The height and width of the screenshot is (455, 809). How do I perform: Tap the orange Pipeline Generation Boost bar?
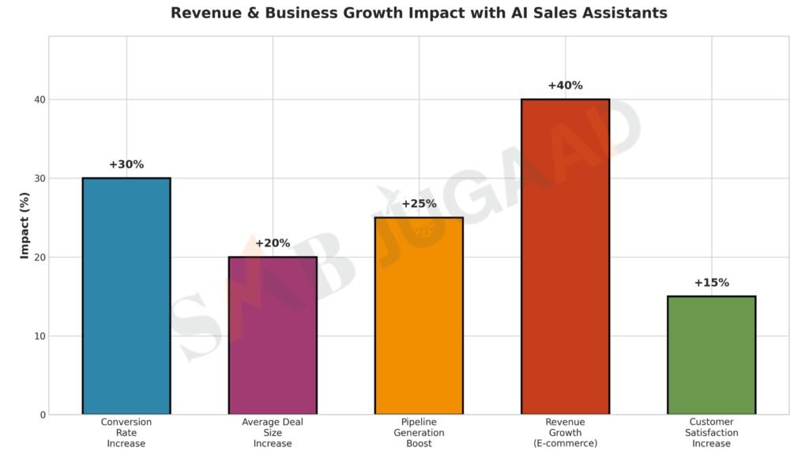(x=419, y=316)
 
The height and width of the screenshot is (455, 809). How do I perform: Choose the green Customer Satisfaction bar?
(x=711, y=355)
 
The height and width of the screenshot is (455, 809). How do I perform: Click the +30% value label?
(x=126, y=164)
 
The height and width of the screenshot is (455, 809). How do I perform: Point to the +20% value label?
(x=273, y=243)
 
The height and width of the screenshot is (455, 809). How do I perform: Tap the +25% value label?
(x=419, y=204)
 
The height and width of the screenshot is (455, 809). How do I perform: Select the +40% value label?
(x=565, y=85)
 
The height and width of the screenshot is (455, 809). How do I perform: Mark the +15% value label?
(x=711, y=283)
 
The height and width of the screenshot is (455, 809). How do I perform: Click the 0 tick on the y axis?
(x=43, y=415)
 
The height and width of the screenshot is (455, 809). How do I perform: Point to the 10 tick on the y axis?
(x=40, y=336)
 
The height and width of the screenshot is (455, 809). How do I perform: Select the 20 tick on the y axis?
(x=40, y=257)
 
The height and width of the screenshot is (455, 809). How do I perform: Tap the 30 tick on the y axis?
(x=40, y=179)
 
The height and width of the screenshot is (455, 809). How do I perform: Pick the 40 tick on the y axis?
(x=40, y=100)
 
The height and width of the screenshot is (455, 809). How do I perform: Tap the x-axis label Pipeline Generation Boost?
(x=419, y=433)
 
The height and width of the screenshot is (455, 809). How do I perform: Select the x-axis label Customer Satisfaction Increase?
(x=711, y=433)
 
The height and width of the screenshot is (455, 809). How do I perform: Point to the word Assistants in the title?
(x=624, y=13)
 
